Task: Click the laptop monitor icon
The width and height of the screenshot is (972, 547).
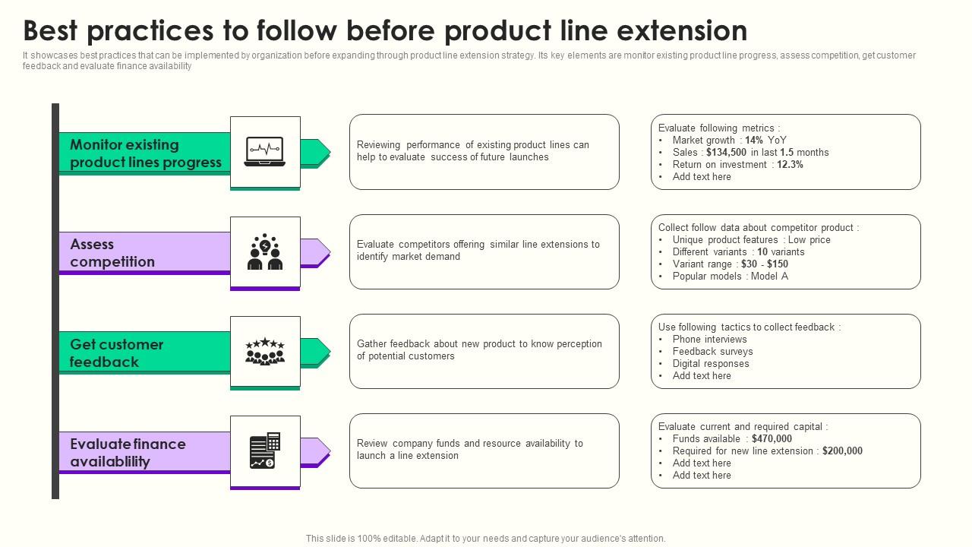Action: tap(265, 151)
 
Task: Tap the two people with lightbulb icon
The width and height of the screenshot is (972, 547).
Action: tap(265, 251)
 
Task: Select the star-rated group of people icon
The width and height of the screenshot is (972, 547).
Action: tap(265, 352)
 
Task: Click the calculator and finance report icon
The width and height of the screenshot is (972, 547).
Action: tap(265, 451)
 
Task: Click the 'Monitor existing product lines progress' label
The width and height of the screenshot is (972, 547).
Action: tap(145, 153)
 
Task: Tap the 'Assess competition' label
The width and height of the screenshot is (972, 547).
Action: tap(112, 253)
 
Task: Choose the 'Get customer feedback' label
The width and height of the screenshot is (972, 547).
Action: tap(116, 353)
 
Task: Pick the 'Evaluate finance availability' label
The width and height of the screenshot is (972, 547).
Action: tap(128, 453)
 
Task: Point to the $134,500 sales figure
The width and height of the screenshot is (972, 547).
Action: tap(726, 153)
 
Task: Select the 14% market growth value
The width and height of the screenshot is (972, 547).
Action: tap(753, 141)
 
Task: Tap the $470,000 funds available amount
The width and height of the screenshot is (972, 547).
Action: tap(772, 439)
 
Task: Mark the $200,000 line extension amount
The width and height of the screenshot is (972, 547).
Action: tap(841, 451)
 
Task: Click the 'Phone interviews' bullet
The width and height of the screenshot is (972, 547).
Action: tap(709, 340)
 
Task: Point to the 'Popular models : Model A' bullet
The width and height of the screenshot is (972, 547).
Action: tap(730, 277)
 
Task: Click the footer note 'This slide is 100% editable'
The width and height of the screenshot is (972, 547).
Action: tap(485, 539)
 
